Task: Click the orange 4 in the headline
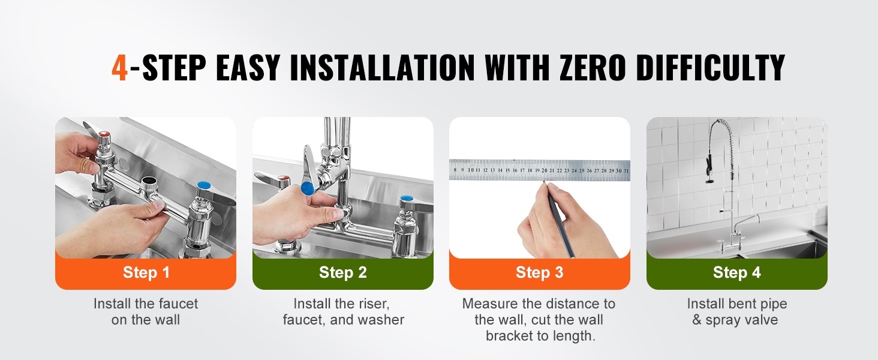119,67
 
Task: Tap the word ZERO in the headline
593,67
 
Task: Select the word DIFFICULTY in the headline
711,67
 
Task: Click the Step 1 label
146,272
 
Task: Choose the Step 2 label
343,272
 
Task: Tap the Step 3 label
539,272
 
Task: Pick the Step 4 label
737,272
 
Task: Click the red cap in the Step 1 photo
104,134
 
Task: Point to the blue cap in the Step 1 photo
204,185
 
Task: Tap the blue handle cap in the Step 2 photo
308,188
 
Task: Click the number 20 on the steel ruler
545,170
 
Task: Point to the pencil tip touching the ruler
544,182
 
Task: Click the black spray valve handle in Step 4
709,165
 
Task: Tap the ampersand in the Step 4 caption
696,320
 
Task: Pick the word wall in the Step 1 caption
168,320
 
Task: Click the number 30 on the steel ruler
619,170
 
